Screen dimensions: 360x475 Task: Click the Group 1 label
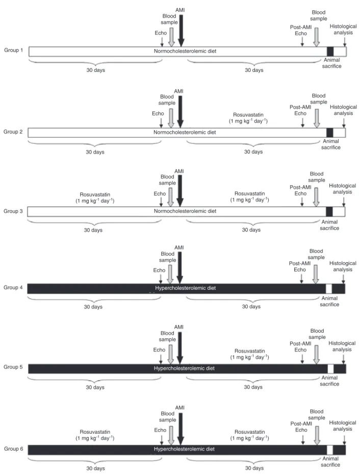tap(13, 50)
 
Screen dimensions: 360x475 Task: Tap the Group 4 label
tap(13, 287)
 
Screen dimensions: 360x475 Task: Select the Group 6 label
tap(13, 448)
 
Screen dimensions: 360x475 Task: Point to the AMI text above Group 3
tap(179, 171)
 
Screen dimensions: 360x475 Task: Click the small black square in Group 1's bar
tap(330, 52)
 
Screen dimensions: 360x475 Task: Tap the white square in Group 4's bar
tap(329, 289)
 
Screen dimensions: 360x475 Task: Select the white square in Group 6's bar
tap(330, 450)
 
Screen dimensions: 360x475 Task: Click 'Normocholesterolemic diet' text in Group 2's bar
tap(185, 132)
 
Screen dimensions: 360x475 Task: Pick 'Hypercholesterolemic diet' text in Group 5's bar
tap(184, 368)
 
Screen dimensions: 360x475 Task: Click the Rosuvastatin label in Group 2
tap(248, 118)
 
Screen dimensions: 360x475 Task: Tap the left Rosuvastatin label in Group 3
tap(95, 197)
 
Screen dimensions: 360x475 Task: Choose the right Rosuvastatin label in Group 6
tap(249, 435)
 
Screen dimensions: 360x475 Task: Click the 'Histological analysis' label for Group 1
tap(343, 30)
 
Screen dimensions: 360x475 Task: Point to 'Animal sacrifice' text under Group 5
tap(329, 381)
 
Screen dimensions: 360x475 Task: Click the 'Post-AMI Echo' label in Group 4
tap(300, 266)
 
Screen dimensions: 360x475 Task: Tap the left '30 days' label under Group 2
tap(95, 152)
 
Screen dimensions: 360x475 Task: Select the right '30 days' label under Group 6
tap(254, 468)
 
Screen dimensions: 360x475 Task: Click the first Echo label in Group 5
tap(159, 349)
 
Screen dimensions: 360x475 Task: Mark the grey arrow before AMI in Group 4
tap(170, 274)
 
